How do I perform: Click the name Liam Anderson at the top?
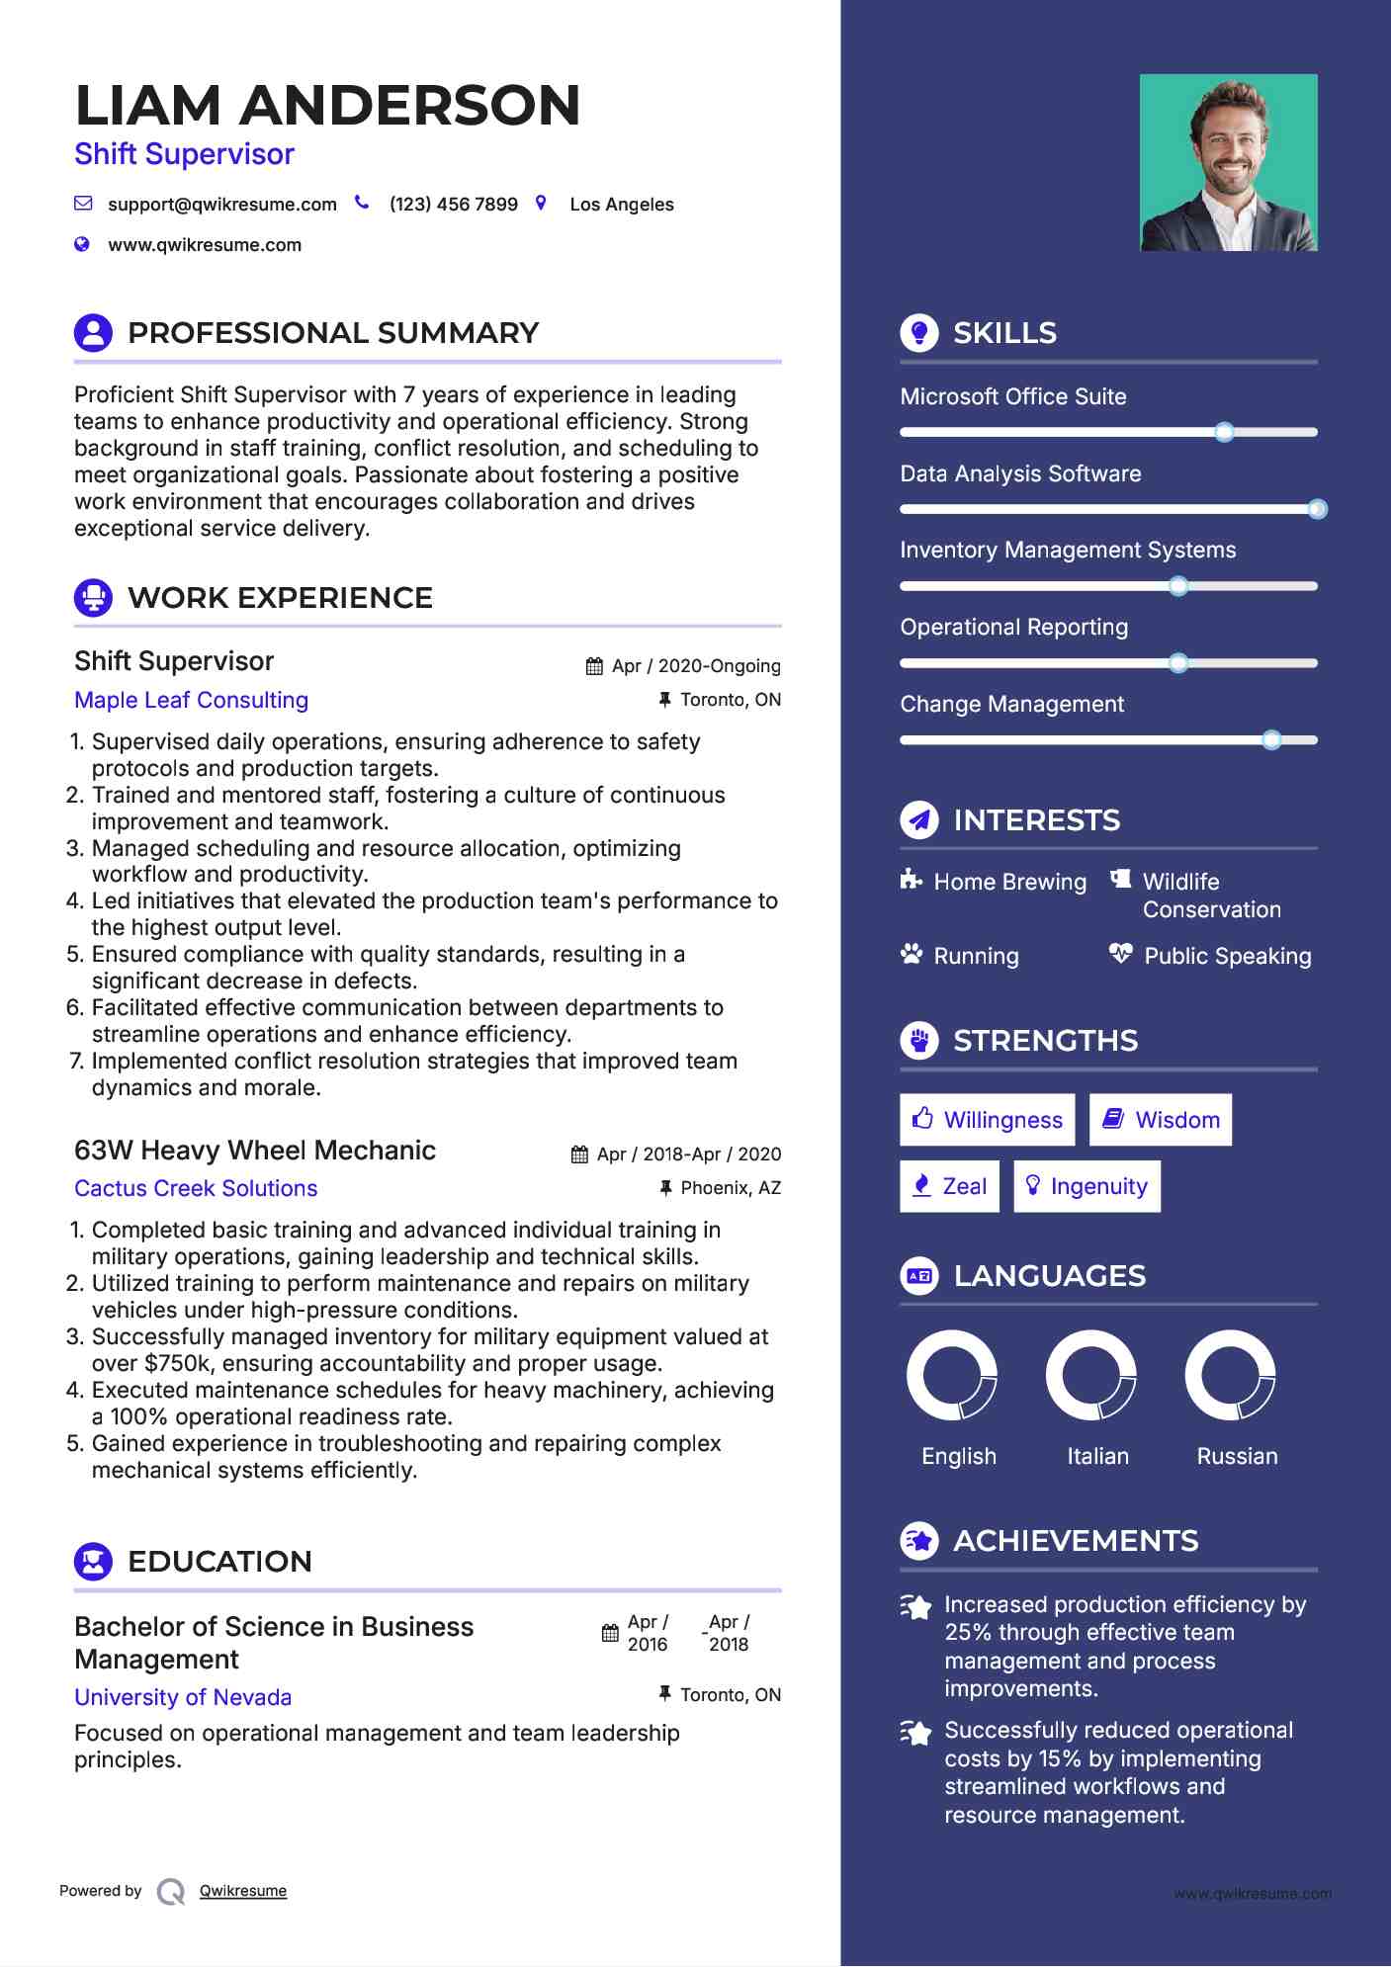[327, 106]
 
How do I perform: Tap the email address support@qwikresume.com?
[221, 205]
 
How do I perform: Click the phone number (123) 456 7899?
[453, 205]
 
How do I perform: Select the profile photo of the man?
[1228, 162]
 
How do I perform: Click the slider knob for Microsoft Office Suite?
[1224, 432]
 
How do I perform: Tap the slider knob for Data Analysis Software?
[1317, 509]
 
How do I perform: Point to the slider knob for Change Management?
[1271, 739]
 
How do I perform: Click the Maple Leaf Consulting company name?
[192, 701]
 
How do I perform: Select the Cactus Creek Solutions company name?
[196, 1189]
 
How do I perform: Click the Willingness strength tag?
[987, 1120]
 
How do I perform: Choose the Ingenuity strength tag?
[1087, 1186]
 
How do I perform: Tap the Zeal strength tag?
[949, 1186]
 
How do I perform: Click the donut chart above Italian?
[1090, 1375]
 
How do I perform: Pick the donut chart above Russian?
[1230, 1375]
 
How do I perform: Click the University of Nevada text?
[183, 1698]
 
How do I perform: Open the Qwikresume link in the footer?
[243, 1891]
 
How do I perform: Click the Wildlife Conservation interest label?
[1211, 896]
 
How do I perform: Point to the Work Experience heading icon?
[94, 597]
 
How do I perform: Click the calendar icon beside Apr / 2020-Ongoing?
[594, 666]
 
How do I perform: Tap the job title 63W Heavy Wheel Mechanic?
[255, 1151]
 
